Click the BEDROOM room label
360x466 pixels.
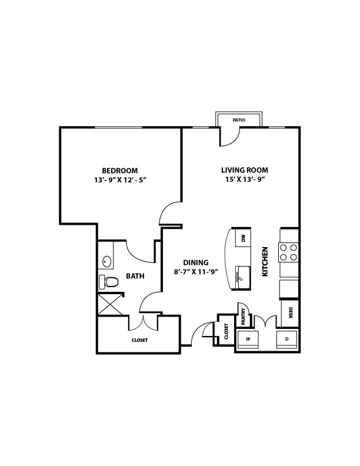119,171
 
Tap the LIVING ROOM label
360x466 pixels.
245,170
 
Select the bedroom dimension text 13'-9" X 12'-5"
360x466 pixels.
121,180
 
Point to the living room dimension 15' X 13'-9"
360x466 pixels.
245,179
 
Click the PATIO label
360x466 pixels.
239,120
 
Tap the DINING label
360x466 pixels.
196,262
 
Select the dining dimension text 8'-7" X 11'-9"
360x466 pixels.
196,272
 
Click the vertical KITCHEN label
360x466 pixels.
265,261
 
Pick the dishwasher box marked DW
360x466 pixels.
244,238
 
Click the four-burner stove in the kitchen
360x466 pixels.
288,252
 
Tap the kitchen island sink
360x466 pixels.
243,278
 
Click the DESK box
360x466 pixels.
290,313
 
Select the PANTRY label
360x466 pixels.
244,317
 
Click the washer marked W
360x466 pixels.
248,339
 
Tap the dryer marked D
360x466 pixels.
286,339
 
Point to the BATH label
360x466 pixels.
135,276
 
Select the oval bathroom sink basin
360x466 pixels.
107,262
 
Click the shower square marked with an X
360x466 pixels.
110,304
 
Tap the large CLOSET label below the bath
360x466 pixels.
139,340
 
